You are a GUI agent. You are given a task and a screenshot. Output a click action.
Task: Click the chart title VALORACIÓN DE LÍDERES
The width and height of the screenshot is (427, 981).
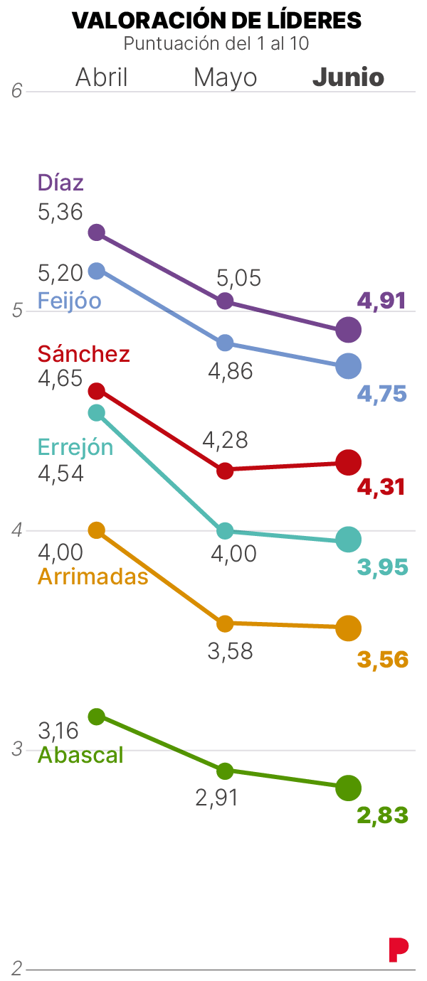pos(216,21)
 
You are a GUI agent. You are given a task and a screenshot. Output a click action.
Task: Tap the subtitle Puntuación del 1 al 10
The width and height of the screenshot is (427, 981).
pos(216,43)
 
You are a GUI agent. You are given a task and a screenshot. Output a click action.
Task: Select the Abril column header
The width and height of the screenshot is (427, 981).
pos(102,77)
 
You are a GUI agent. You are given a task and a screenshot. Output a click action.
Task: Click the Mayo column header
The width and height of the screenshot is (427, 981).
pos(225,77)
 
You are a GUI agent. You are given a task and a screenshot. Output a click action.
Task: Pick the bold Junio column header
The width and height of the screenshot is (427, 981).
pos(348,77)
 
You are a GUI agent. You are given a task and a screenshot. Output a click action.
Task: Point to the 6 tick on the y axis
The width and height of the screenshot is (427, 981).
pos(17,91)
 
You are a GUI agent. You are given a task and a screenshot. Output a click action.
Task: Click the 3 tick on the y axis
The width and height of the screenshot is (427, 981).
pos(17,749)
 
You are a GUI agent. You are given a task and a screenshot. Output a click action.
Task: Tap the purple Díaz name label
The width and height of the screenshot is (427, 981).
pos(60,183)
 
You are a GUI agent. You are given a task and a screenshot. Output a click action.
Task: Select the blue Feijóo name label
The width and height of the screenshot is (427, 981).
pos(69,301)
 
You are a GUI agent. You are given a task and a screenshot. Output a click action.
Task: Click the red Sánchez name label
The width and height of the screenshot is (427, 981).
pos(83,353)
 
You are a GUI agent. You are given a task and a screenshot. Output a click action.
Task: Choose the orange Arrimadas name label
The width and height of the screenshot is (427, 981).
pos(93,576)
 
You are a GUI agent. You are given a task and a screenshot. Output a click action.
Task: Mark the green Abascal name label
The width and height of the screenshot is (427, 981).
pos(80,754)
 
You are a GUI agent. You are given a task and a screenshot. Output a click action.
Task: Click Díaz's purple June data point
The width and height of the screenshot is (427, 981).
pos(349,329)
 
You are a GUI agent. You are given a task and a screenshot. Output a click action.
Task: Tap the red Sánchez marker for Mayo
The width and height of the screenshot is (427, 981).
pos(225,470)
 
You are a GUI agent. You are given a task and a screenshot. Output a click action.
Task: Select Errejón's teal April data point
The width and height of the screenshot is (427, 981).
pos(97,413)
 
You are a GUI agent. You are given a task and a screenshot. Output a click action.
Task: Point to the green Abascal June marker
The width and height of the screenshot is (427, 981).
pos(349,787)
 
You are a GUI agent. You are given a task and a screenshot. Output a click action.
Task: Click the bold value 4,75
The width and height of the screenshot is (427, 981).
pos(381,394)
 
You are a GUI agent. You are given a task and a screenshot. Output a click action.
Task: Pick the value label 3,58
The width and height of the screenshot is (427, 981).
pos(230,651)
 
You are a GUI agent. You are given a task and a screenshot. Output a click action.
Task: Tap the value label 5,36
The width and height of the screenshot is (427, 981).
pos(60,212)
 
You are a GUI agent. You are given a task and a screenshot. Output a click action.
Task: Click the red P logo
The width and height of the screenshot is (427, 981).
pos(399,950)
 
